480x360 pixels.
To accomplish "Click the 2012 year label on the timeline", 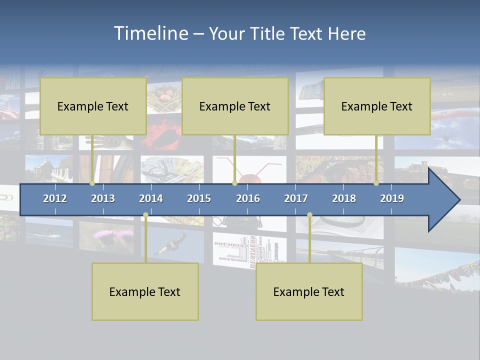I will point(55,198).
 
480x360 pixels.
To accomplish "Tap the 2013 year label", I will point(103,198).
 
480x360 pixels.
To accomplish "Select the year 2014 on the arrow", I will point(151,198).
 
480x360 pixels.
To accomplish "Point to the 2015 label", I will point(199,198).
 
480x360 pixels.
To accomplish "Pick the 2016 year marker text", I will point(248,198).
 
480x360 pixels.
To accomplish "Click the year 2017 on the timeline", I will point(296,198).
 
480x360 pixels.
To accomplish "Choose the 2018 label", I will point(344,198).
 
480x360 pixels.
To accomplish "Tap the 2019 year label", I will point(392,198).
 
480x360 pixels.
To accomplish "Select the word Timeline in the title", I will point(150,33).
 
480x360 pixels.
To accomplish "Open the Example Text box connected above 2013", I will point(93,106).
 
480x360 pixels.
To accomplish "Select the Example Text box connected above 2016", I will point(235,106).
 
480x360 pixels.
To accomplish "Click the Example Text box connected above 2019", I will point(377,106).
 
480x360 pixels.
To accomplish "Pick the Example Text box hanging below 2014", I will point(145,291).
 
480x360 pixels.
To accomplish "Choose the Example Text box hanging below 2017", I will point(309,291).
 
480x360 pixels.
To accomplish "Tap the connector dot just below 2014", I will point(145,215).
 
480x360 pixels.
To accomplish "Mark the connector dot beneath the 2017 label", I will point(309,215).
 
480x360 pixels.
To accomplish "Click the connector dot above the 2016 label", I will point(234,183).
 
